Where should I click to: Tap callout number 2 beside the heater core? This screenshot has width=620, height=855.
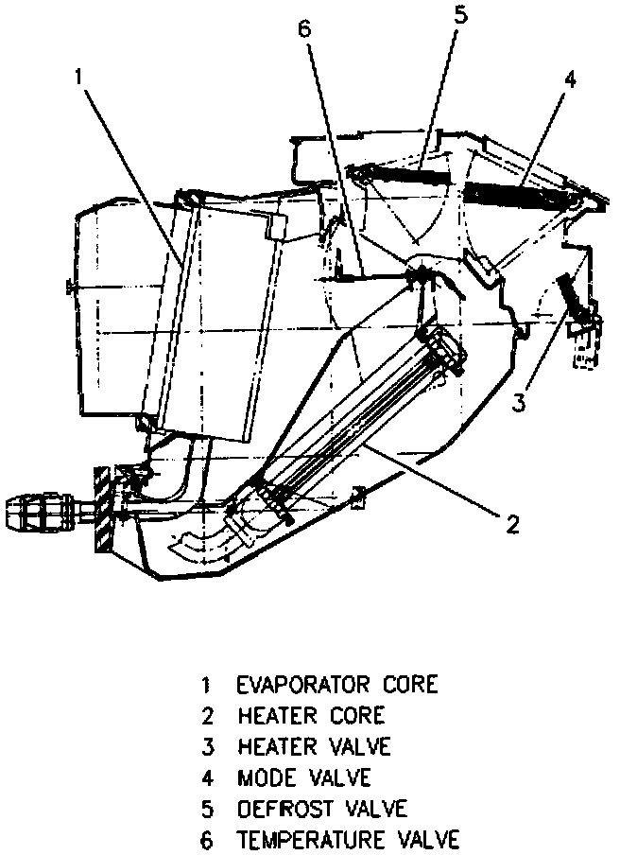click(511, 524)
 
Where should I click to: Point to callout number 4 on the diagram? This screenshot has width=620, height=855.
click(570, 80)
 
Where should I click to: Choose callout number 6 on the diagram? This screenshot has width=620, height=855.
click(303, 28)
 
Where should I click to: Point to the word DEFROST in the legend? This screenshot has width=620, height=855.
click(284, 809)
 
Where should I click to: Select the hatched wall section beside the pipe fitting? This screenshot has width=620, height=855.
click(102, 511)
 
